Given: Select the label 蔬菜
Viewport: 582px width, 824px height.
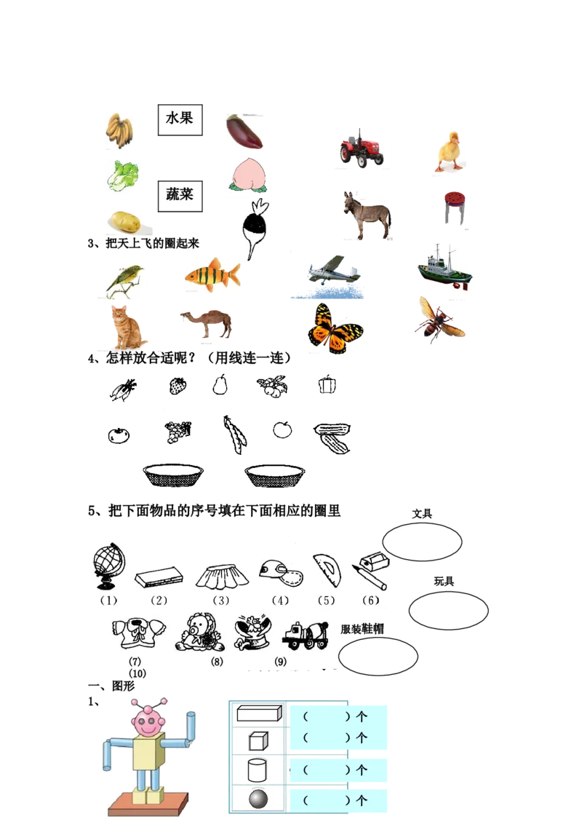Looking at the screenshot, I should (x=180, y=194).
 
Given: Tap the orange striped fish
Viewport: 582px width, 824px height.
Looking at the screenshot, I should (x=211, y=276).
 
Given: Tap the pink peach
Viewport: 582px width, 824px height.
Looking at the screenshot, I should (x=246, y=175).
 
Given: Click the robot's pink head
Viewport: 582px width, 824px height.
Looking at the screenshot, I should (x=148, y=721).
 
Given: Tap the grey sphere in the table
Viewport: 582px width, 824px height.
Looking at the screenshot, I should (x=258, y=800).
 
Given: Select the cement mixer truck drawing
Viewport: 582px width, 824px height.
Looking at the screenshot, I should (x=305, y=634).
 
